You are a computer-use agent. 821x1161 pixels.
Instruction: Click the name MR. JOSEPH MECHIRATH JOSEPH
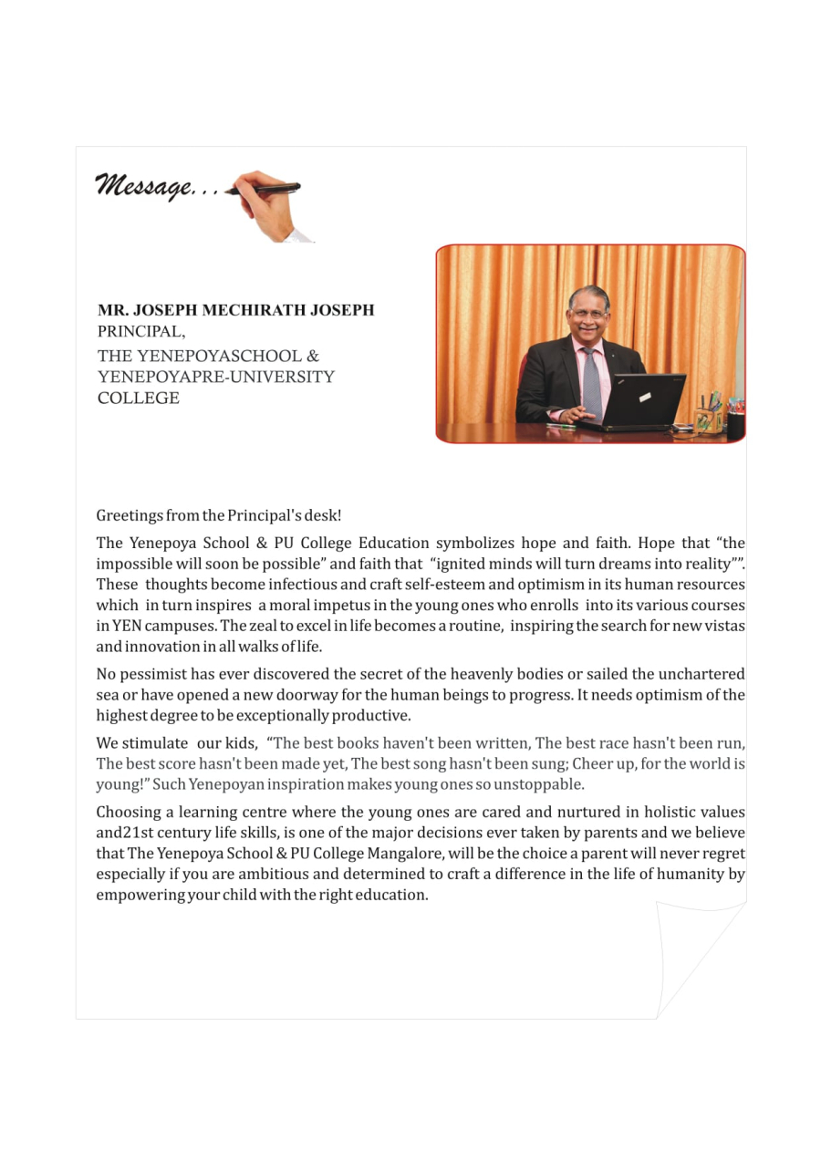point(235,310)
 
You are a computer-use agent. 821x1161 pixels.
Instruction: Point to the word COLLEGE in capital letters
point(139,398)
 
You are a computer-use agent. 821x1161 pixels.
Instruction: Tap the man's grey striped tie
point(592,383)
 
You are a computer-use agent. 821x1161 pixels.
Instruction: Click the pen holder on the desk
point(707,420)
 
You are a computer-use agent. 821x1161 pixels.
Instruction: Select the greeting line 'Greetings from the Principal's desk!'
point(219,515)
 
